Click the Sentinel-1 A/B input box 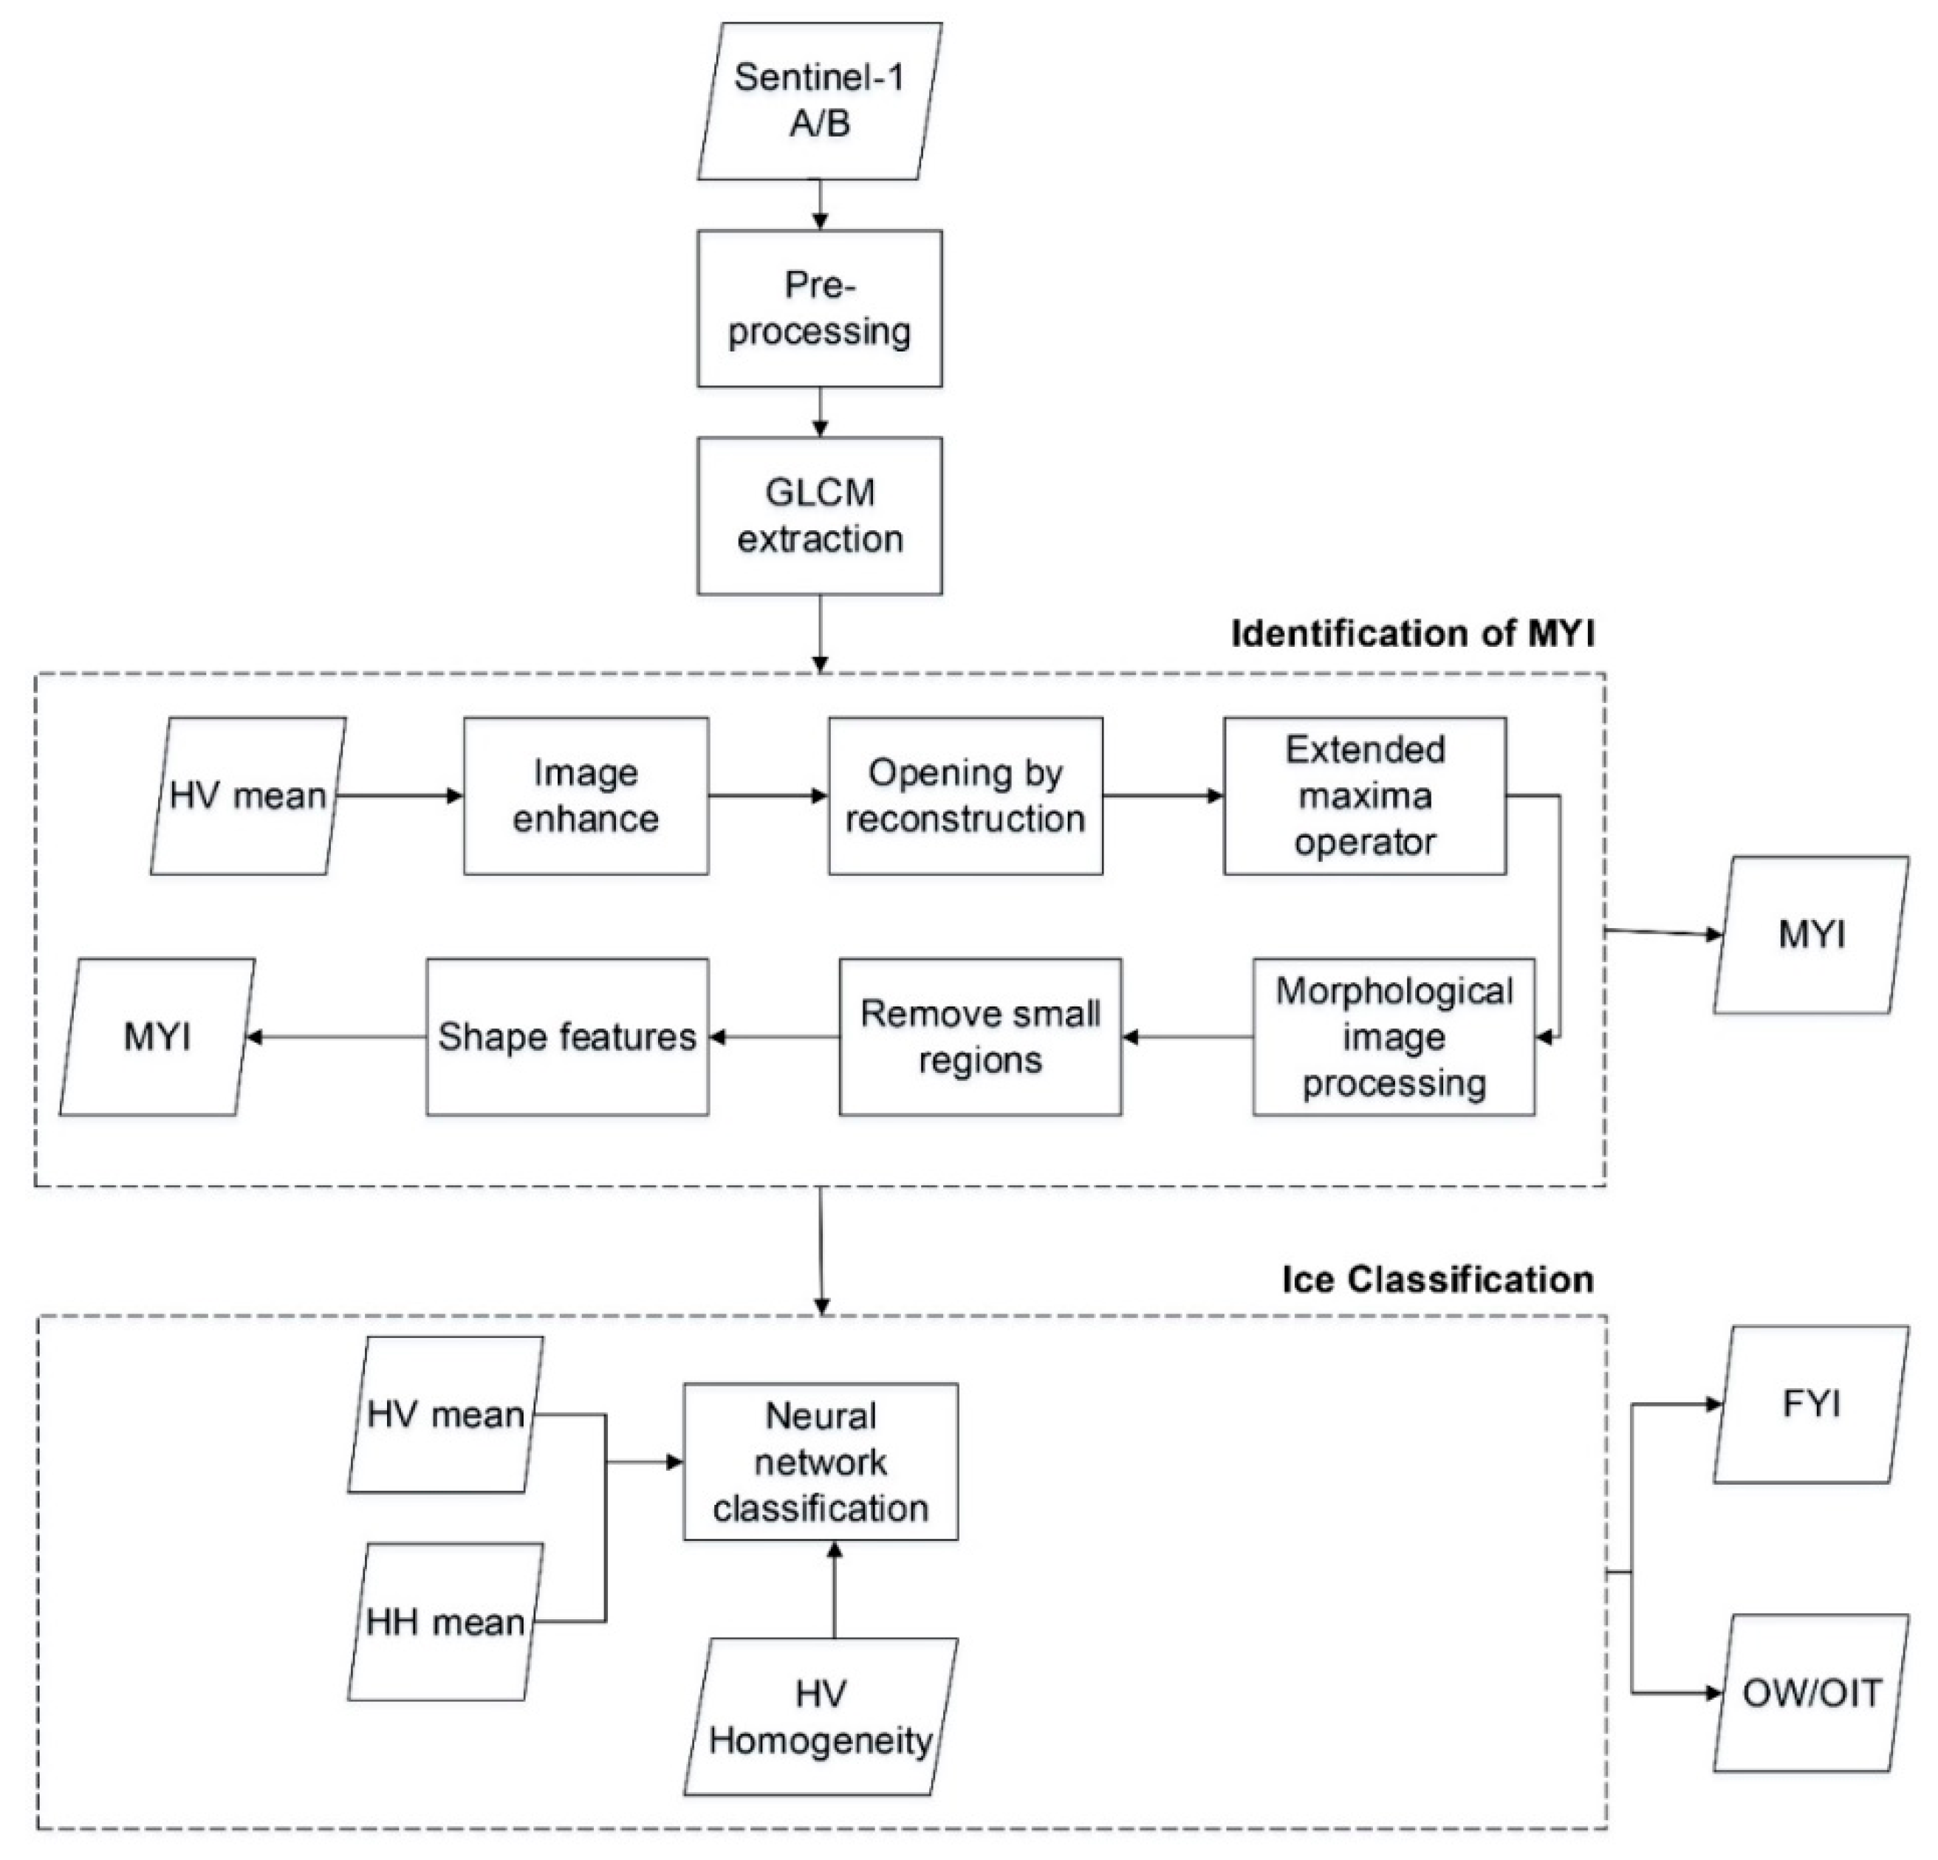[820, 102]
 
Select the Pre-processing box [820, 309]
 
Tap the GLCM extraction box [820, 516]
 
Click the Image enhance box [586, 795]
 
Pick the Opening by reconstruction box [965, 795]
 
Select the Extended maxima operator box [1365, 795]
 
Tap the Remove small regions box [980, 1037]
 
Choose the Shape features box [566, 1037]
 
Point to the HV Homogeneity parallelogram [820, 1717]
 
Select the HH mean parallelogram [445, 1622]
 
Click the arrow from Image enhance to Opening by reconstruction [768, 795]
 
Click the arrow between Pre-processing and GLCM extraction [820, 412]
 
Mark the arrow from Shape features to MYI [336, 1037]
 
